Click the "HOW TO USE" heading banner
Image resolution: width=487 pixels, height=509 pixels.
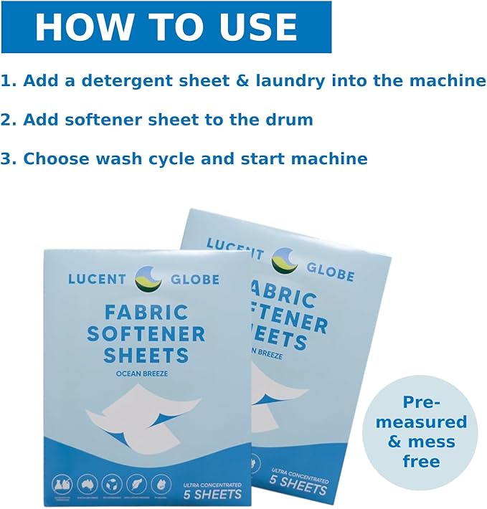[x=166, y=27]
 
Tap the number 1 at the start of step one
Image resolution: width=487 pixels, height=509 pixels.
[x=6, y=80]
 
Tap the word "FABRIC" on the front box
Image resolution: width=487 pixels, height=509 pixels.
[x=146, y=313]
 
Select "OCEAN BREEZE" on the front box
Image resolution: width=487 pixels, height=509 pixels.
[x=146, y=373]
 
